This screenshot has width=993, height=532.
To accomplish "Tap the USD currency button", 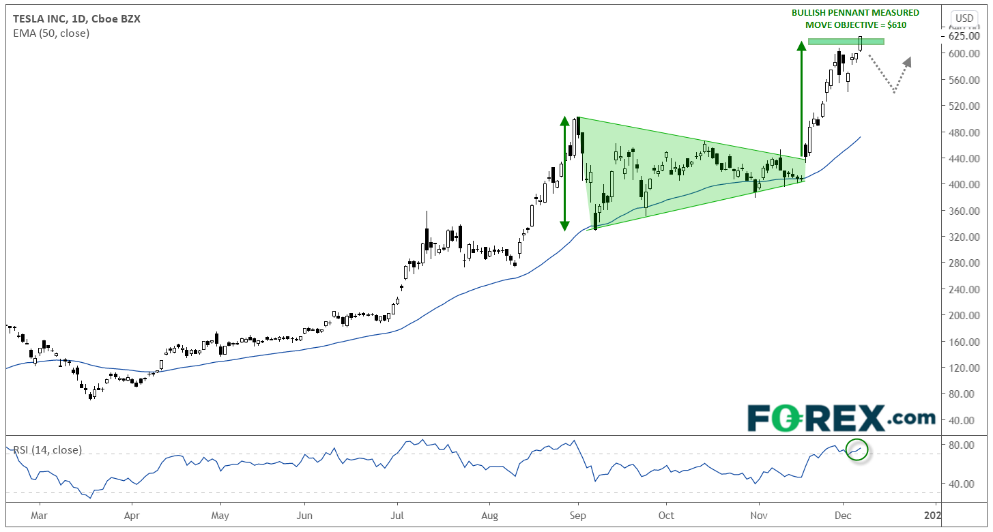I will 964,18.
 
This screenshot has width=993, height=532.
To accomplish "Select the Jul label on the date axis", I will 397,516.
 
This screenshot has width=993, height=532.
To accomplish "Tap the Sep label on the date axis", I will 578,516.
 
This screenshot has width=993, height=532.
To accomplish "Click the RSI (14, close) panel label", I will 47,450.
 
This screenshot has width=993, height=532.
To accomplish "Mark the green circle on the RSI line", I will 857,449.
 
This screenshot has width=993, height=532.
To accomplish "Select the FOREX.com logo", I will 841,417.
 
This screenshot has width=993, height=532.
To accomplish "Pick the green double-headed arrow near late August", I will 564,173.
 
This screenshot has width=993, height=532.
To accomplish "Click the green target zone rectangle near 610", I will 846,42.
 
